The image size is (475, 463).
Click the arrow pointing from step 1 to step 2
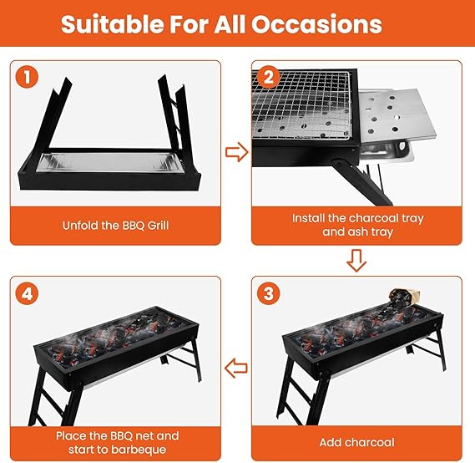(x=238, y=152)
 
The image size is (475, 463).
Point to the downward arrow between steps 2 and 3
(x=356, y=263)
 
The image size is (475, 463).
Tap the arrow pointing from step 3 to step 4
(x=237, y=365)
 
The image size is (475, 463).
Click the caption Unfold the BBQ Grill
(x=116, y=225)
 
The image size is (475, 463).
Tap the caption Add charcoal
(x=357, y=441)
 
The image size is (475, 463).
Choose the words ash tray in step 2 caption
(x=370, y=231)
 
